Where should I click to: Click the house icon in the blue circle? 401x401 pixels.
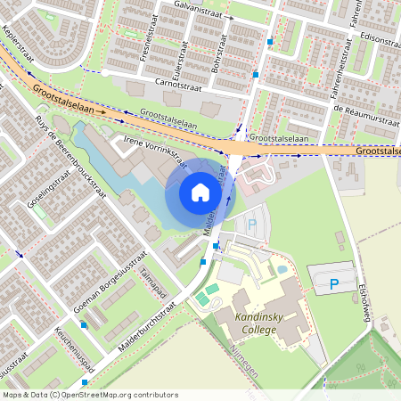tap(200, 192)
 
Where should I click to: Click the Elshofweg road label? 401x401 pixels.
tap(363, 299)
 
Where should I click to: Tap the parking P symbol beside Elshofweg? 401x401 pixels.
tap(334, 284)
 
